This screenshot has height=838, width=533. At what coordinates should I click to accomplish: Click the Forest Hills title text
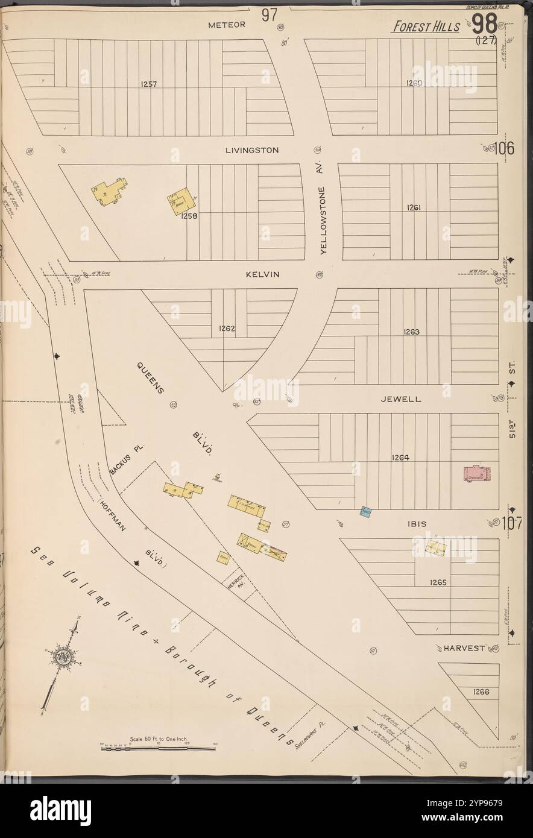click(x=426, y=27)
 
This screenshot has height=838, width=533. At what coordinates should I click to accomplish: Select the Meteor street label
click(x=227, y=25)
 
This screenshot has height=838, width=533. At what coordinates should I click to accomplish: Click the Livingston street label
click(x=252, y=150)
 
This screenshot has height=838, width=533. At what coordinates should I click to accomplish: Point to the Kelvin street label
click(x=262, y=274)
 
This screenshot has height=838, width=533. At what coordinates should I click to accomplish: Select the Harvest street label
click(x=464, y=648)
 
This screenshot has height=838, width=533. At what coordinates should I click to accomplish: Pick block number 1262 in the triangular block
click(x=227, y=329)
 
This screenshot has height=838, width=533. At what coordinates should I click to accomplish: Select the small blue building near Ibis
click(x=365, y=513)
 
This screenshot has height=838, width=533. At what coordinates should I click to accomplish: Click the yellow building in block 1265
click(x=435, y=547)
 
